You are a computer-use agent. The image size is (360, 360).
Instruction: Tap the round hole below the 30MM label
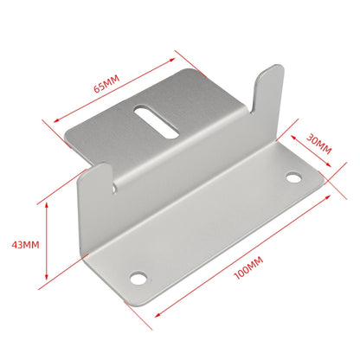click(x=294, y=178)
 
